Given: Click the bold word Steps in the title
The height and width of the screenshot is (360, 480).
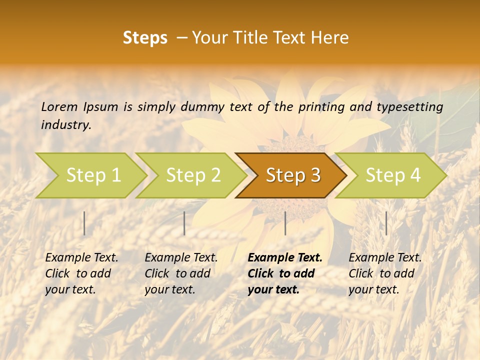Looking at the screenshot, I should (145, 38).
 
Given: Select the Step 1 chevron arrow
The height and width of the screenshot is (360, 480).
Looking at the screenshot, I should (93, 175).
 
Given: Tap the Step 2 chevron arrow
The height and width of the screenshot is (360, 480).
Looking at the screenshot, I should (193, 175).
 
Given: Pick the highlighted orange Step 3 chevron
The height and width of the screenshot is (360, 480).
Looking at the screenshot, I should (293, 175).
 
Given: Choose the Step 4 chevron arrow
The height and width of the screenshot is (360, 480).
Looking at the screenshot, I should (393, 175).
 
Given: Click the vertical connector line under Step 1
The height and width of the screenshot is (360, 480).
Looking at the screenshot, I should (84, 223).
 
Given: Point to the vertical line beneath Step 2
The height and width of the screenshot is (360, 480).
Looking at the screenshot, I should (184, 223).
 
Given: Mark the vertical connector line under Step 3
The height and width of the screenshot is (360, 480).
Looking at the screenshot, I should (285, 223).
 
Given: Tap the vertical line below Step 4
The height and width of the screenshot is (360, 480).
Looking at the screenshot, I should (386, 223).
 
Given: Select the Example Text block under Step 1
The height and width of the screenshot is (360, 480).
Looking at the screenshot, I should (81, 273).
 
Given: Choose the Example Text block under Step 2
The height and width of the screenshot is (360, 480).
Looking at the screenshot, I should (181, 273).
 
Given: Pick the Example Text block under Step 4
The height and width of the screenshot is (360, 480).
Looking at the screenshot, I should (385, 273).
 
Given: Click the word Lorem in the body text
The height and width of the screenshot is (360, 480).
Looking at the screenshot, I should (59, 106).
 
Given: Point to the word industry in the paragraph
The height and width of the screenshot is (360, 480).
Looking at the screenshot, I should (66, 124).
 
